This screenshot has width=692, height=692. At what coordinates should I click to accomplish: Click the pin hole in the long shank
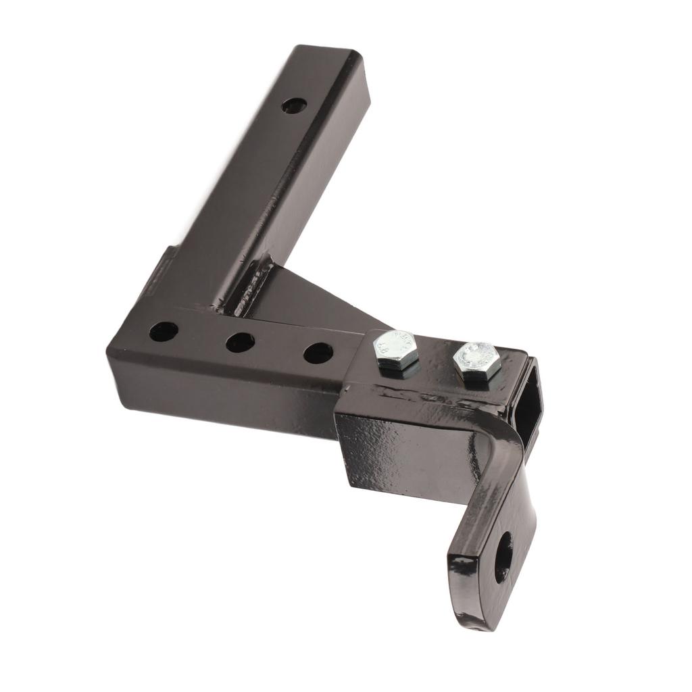click(x=294, y=106)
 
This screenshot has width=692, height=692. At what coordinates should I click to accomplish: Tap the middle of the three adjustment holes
click(x=240, y=342)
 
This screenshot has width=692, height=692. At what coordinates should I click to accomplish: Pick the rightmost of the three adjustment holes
click(x=318, y=352)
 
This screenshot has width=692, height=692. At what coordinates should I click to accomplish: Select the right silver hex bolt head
click(x=477, y=360)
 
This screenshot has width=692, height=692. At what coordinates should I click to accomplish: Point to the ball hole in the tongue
click(x=503, y=557)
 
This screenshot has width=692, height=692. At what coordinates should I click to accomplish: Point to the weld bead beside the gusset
click(x=250, y=291)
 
